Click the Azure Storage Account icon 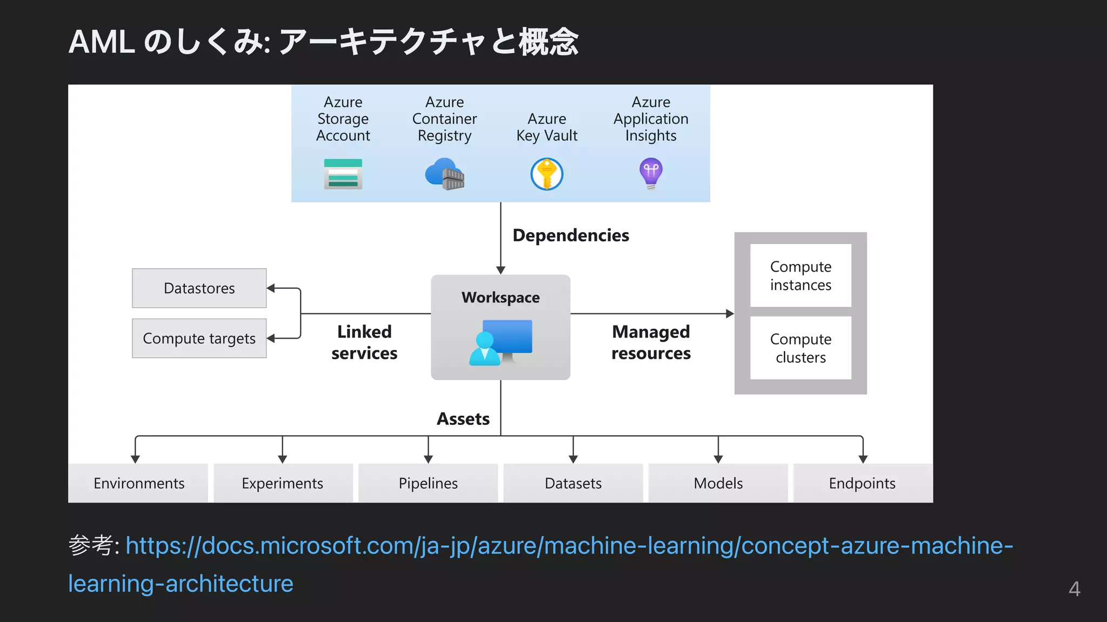(x=343, y=174)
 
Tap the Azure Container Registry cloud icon (x=444, y=174)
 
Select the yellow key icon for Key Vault (x=546, y=174)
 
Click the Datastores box (x=199, y=288)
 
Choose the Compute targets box (x=199, y=339)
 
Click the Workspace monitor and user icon (x=501, y=342)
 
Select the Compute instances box (x=801, y=276)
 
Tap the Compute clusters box (x=801, y=348)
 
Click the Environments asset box (x=138, y=483)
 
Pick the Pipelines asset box (x=428, y=483)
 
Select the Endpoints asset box (x=862, y=483)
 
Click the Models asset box (x=718, y=483)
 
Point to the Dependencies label (x=570, y=235)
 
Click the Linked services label (x=364, y=342)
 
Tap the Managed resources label (x=651, y=342)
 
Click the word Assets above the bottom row (x=463, y=419)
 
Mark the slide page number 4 (x=1074, y=589)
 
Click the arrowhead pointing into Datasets (x=573, y=459)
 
